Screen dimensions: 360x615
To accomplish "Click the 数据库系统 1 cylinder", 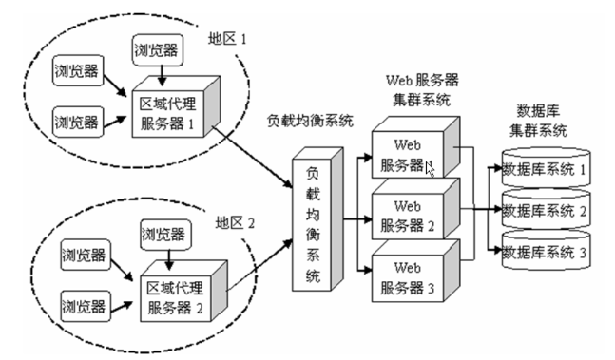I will click(547, 170).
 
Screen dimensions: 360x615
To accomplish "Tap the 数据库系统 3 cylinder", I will click(547, 252).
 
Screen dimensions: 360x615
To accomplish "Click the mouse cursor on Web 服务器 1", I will click(431, 170).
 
